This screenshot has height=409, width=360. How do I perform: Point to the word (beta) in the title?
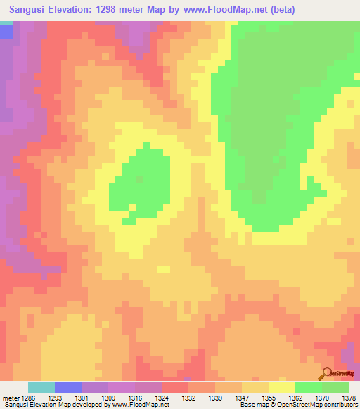[281, 9]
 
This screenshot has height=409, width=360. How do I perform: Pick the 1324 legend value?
[162, 399]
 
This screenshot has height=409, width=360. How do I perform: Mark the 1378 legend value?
[348, 399]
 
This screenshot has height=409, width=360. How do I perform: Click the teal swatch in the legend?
[41, 387]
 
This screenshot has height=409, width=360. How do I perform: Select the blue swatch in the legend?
[68, 387]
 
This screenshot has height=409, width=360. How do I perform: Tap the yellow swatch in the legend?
[282, 387]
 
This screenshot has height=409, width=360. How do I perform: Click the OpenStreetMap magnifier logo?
[327, 373]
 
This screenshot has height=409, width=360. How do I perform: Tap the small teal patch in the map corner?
[6, 23]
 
